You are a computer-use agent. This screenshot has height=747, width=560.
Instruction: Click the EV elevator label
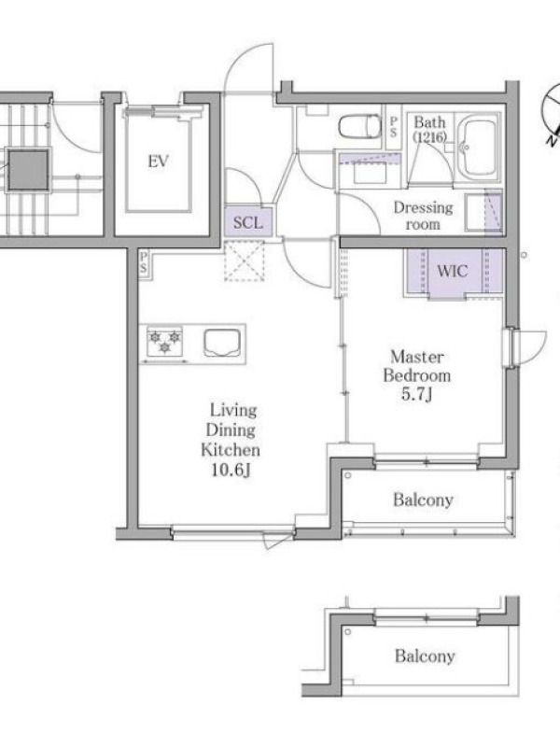(158, 161)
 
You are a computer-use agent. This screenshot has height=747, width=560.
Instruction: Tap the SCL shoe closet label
(247, 222)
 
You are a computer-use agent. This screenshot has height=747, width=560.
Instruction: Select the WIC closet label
(452, 271)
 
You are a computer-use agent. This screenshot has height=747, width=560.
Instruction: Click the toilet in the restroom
(359, 126)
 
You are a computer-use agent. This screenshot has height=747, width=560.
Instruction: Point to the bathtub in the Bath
(478, 147)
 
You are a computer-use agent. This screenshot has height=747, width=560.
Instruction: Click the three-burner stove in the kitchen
(165, 342)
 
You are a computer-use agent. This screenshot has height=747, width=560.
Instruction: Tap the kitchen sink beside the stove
(221, 342)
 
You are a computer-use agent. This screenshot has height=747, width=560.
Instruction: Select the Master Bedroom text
(416, 366)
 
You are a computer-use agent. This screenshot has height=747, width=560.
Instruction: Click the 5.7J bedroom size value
(416, 394)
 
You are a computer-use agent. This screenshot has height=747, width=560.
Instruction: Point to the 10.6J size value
(231, 471)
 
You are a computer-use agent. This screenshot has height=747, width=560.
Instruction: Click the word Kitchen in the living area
(231, 450)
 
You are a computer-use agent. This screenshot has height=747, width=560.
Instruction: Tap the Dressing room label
(424, 216)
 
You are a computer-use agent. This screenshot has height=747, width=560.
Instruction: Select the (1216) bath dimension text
(429, 137)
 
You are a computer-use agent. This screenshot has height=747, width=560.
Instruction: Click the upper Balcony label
(423, 500)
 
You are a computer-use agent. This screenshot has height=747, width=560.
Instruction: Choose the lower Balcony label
(425, 656)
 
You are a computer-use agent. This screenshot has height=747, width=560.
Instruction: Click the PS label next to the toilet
(393, 127)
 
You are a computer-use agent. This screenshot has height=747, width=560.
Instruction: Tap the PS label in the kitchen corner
(144, 263)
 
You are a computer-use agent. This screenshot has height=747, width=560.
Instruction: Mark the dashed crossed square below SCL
(244, 261)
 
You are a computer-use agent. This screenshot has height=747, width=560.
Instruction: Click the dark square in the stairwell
(29, 170)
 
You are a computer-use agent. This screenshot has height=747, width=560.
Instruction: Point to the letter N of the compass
(552, 141)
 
